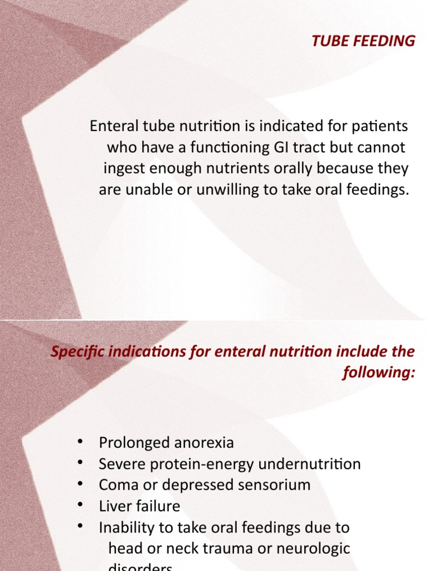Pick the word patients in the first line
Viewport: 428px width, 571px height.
(382, 126)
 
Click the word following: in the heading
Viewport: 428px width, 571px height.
(379, 373)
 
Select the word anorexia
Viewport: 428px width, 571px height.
(205, 443)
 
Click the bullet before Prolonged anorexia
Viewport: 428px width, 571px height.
(81, 442)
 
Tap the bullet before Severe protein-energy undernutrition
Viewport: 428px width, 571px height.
(81, 463)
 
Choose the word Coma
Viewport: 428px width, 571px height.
(117, 485)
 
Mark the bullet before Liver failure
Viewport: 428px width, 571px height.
(81, 505)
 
